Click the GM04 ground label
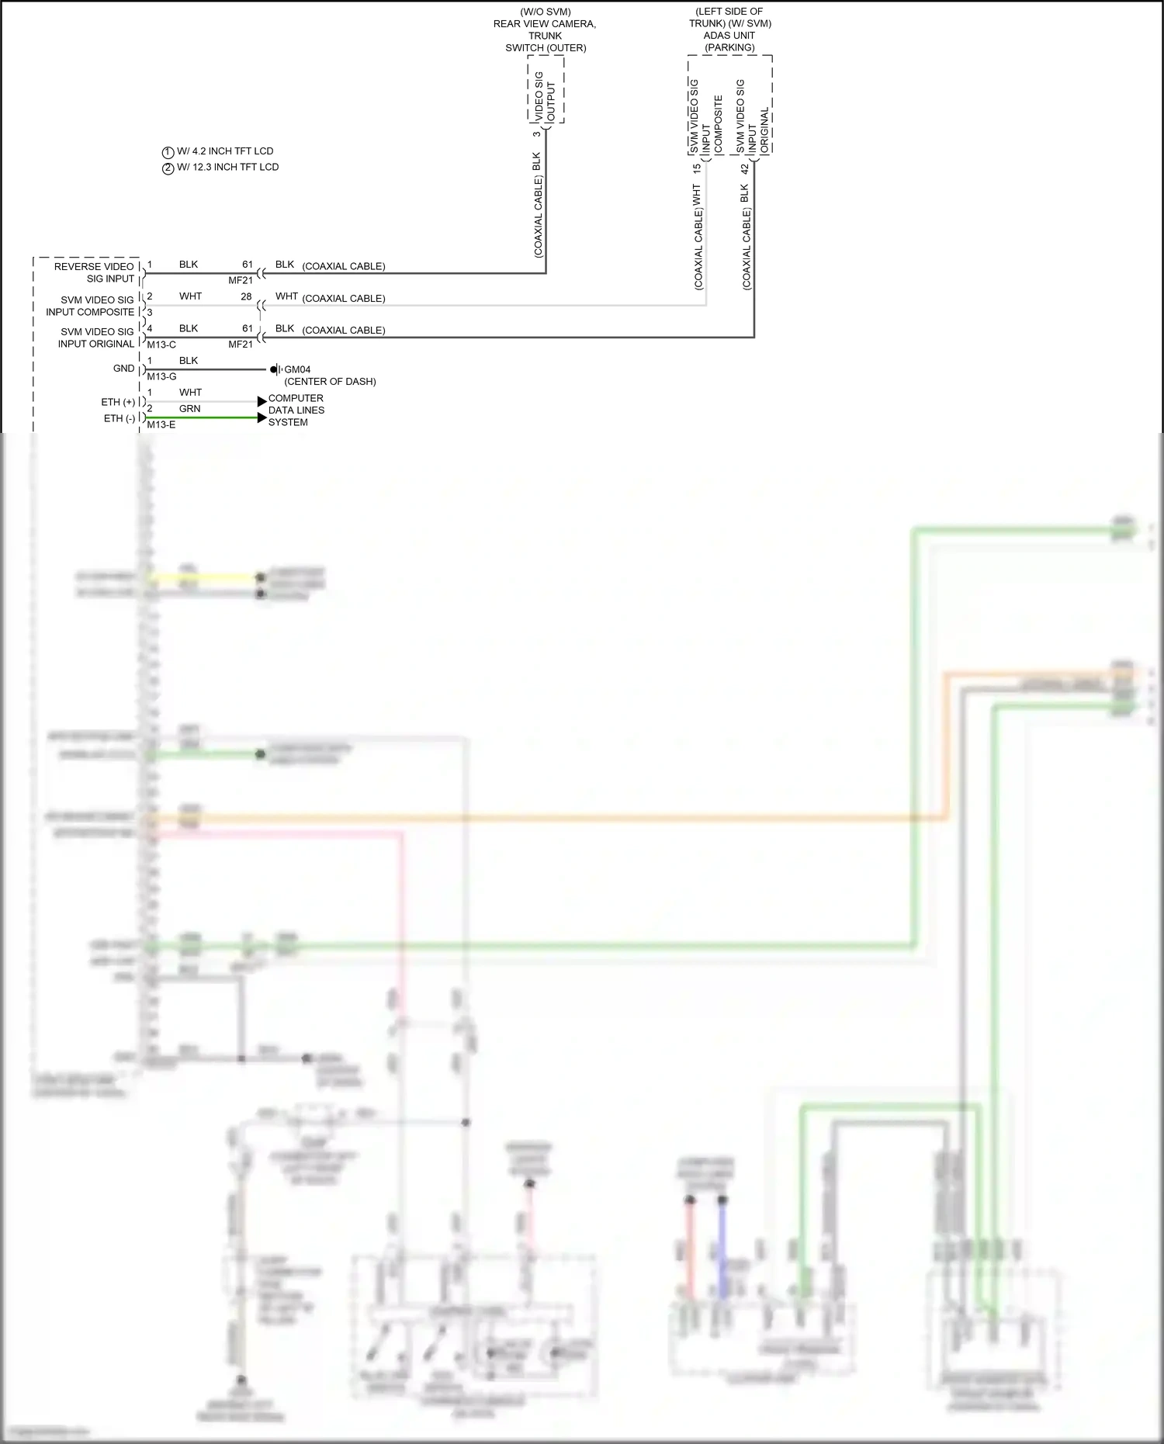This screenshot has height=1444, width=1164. (x=297, y=370)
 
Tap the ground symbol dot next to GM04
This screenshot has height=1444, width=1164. (x=273, y=369)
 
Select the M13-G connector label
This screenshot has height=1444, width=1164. (x=161, y=377)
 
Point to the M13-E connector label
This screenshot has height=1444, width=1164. (x=161, y=425)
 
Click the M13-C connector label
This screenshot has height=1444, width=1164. (x=161, y=345)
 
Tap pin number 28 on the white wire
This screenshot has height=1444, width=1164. (x=246, y=296)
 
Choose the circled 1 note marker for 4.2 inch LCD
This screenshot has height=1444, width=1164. (x=168, y=152)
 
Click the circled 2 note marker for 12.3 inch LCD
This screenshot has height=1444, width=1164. (x=168, y=168)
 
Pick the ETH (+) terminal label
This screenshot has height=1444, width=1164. (x=118, y=402)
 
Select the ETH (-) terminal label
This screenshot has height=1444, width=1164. (x=120, y=418)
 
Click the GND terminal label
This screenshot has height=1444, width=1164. (x=124, y=369)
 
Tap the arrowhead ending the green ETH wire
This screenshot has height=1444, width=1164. (x=262, y=417)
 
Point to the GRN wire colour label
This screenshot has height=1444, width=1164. (x=189, y=409)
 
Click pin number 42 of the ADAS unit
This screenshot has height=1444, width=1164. (x=744, y=168)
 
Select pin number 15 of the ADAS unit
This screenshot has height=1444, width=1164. (x=696, y=168)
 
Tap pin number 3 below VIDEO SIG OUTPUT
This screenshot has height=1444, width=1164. (x=536, y=134)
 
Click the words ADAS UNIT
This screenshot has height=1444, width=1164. (x=729, y=36)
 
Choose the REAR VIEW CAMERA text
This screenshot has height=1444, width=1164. (x=545, y=24)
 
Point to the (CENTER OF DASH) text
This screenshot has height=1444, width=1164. (x=330, y=382)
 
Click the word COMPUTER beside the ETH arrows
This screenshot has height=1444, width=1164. (x=296, y=398)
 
